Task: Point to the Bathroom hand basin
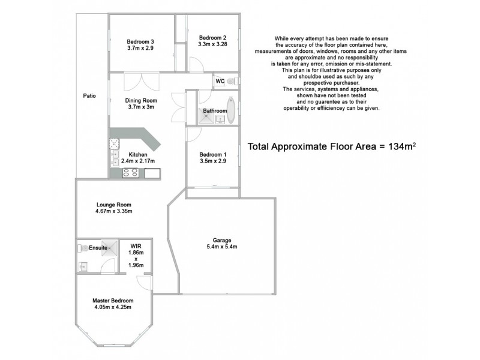220,119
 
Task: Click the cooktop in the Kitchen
131,173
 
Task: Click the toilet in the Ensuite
82,247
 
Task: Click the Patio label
89,96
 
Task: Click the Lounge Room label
113,205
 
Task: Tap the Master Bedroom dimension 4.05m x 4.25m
113,307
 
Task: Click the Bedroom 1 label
213,154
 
